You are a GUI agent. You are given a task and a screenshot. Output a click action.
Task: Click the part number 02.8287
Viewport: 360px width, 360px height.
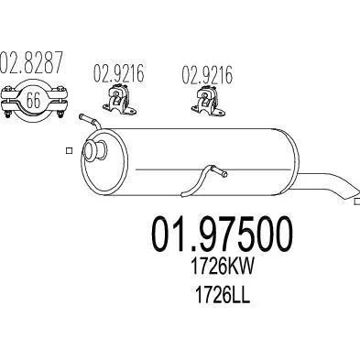pos(31,62)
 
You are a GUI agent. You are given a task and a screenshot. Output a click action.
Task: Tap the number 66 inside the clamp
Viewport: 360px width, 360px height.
pos(33,100)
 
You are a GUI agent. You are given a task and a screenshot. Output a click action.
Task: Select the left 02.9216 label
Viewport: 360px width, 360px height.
pos(119,73)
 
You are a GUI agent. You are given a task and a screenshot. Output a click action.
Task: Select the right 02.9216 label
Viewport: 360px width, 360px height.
pos(207,74)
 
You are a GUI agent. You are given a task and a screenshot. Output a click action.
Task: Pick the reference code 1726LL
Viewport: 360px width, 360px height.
pos(222,295)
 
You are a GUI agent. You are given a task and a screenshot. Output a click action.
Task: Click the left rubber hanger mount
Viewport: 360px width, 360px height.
pos(119,99)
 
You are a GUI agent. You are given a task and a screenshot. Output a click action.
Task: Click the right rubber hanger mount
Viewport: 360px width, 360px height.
pos(208,100)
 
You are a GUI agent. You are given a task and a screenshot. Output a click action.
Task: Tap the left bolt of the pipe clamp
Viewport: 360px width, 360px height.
pos(7,102)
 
